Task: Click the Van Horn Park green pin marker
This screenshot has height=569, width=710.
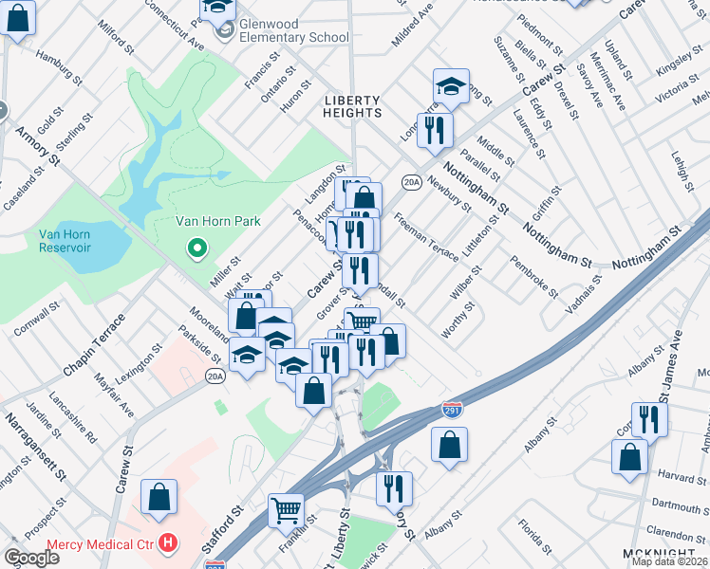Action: pyautogui.click(x=197, y=249)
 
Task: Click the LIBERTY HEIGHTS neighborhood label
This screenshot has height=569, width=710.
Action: pyautogui.click(x=352, y=106)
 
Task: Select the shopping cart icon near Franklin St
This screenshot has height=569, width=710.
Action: pyautogui.click(x=285, y=510)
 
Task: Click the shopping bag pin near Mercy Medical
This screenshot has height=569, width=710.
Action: pyautogui.click(x=159, y=496)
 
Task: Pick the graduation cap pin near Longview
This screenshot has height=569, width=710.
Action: pyautogui.click(x=452, y=85)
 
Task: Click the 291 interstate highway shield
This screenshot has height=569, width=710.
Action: pyautogui.click(x=452, y=410)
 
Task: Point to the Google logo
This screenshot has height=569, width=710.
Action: pyautogui.click(x=31, y=558)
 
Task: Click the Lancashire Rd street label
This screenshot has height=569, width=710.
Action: pyautogui.click(x=74, y=418)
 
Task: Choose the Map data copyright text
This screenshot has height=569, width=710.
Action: pyautogui.click(x=669, y=561)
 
